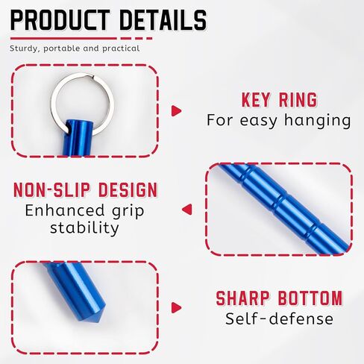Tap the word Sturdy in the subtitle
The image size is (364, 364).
click(x=25, y=48)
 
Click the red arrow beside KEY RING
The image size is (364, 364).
click(x=176, y=110)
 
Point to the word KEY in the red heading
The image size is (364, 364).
click(x=258, y=100)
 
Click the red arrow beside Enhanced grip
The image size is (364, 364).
click(x=186, y=210)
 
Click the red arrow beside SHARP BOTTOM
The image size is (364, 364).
click(x=176, y=307)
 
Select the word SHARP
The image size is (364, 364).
click(x=242, y=298)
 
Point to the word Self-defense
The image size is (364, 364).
click(x=279, y=319)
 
